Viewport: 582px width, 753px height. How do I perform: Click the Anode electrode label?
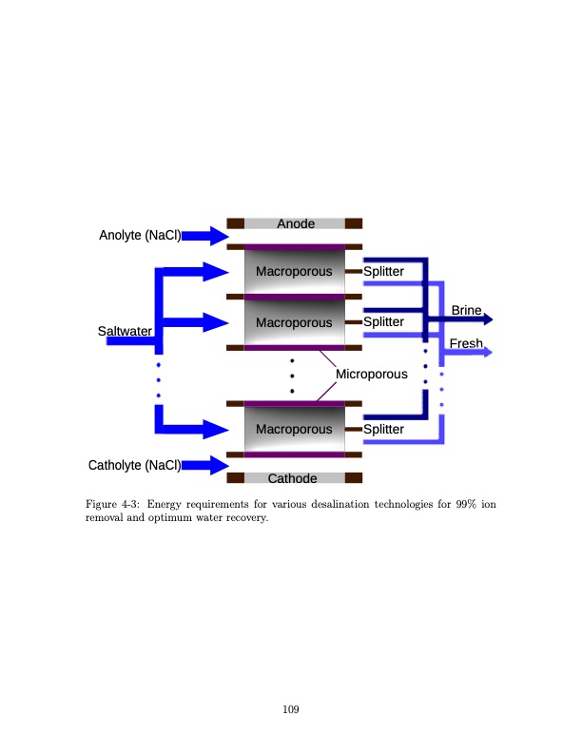295,223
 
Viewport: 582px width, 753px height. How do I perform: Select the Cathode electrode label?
295,478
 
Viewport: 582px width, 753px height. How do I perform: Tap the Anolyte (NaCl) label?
141,235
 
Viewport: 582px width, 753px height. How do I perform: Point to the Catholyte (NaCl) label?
134,465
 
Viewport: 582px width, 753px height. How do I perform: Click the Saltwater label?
125,331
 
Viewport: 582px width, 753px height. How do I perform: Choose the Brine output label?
466,311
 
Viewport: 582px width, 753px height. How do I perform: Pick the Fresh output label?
466,343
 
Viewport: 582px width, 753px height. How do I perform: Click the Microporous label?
372,374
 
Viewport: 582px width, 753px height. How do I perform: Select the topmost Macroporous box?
294,272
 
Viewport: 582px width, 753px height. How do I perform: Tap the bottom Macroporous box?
294,429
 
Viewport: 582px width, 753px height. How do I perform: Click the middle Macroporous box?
294,322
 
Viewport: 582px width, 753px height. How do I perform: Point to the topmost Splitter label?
383,272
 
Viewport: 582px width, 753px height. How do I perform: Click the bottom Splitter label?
383,429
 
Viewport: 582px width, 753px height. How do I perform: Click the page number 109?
291,707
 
